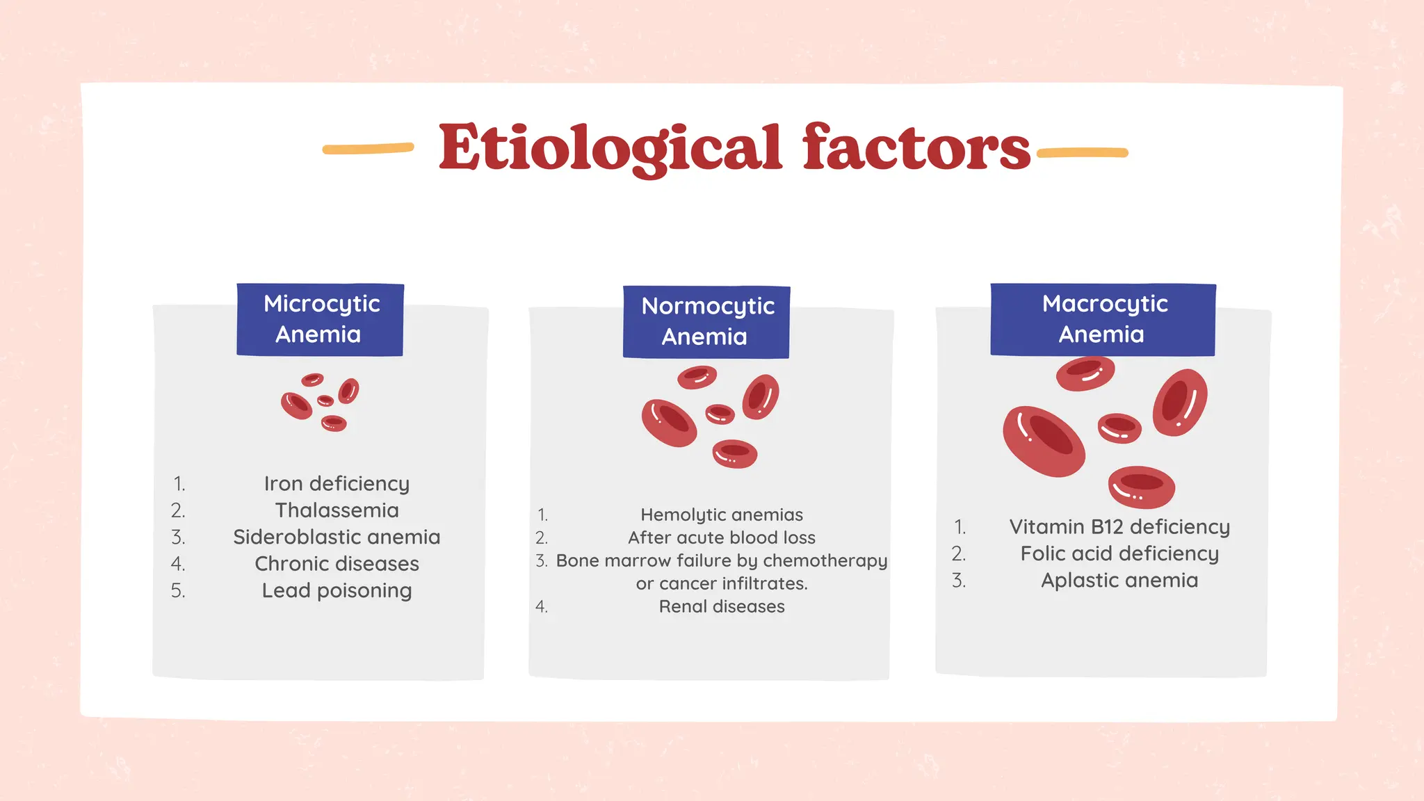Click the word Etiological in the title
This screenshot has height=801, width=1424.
click(610, 147)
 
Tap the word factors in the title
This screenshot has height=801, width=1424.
click(916, 147)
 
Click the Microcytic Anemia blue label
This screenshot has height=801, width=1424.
click(321, 320)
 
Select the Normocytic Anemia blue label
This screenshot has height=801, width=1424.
click(706, 322)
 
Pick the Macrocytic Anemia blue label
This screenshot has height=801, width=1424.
click(1103, 320)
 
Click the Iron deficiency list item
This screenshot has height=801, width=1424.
click(337, 483)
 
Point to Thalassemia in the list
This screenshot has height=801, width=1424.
click(337, 510)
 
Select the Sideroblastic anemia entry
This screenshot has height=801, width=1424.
click(337, 537)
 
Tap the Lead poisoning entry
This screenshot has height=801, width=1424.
click(337, 590)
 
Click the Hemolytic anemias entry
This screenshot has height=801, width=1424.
click(722, 515)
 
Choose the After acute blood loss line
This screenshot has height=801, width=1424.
click(722, 537)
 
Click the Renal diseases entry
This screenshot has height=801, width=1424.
click(722, 606)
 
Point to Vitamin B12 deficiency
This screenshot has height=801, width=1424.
click(1119, 526)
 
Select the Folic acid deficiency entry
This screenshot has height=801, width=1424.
click(1119, 553)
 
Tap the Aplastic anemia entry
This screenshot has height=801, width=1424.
click(1119, 580)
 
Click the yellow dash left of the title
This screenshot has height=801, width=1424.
click(368, 148)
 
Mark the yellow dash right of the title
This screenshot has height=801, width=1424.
click(1082, 153)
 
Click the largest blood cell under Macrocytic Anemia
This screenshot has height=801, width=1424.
click(1043, 442)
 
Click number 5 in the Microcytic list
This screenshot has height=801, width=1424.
click(178, 590)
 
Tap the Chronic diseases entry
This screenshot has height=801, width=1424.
click(337, 563)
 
